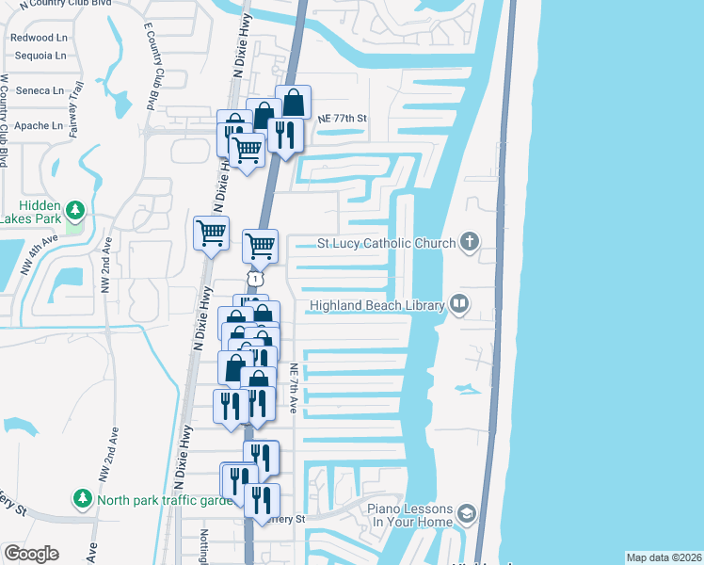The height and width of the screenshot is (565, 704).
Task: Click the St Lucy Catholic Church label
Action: click(x=385, y=243)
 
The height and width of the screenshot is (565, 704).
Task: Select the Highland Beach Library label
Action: click(x=377, y=304)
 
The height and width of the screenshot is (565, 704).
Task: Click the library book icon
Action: click(x=459, y=303)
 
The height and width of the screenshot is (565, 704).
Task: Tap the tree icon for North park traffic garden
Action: click(x=83, y=498)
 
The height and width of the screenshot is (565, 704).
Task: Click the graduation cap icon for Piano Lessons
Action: click(x=468, y=515)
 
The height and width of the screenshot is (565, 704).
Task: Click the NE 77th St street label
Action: click(x=341, y=119)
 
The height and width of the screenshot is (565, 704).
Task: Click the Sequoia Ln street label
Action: click(x=40, y=56)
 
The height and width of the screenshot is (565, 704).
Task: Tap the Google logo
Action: click(x=31, y=554)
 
